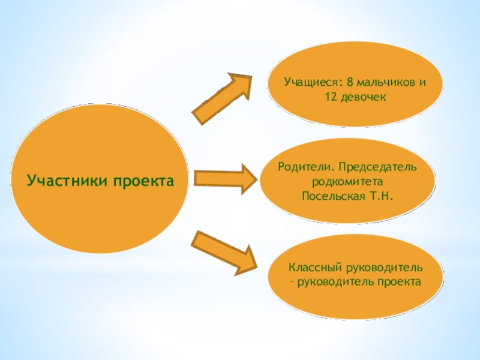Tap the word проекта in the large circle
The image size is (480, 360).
[x=139, y=179]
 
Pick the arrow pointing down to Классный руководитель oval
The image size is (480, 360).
[x=224, y=252]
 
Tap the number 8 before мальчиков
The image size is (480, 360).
[x=350, y=82]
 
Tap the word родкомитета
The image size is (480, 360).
[x=348, y=180]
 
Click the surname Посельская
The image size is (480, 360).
[x=332, y=195]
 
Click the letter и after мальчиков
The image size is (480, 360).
[x=422, y=82]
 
